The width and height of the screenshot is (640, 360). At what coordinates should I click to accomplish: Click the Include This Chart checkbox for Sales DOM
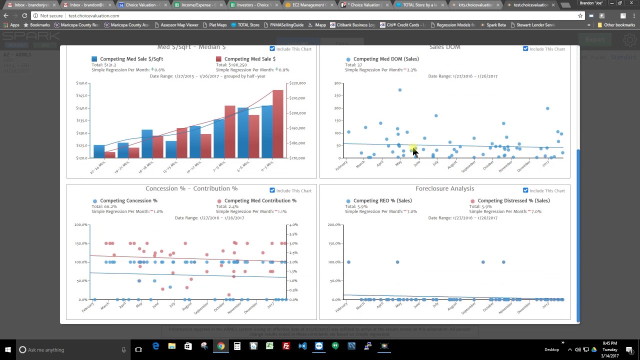coord(525,49)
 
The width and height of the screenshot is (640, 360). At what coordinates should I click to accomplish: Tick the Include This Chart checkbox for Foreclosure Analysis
coord(525,190)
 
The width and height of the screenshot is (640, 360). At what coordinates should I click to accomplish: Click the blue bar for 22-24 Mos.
coord(99,151)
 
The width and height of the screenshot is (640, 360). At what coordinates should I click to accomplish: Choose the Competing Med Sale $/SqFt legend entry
coord(131,59)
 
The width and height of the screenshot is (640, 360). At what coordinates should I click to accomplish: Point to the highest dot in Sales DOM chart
coord(400,90)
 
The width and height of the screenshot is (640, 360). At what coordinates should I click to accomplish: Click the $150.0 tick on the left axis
coord(81,83)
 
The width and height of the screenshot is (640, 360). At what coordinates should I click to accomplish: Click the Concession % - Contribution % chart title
coord(191,188)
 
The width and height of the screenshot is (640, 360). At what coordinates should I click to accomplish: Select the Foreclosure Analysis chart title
coord(444,188)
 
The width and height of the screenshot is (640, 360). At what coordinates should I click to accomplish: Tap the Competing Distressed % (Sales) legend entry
coord(513,200)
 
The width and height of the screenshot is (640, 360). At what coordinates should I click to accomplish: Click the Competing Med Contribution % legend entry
coord(260,200)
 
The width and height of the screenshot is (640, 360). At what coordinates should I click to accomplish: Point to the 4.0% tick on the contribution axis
coord(293,225)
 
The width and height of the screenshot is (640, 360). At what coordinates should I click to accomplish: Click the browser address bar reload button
coord(24,15)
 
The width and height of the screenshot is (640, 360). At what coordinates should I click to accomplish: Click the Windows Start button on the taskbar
coord(8,349)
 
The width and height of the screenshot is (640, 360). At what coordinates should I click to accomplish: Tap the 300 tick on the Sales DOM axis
coord(337,83)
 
